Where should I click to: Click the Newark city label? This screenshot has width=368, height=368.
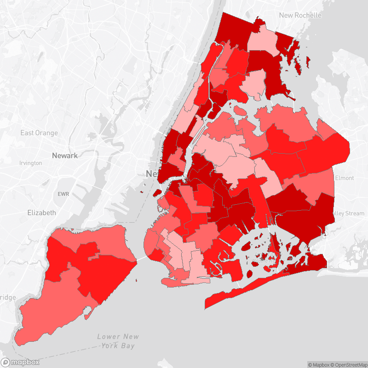[65, 155]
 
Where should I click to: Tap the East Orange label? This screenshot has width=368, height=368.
[39, 133]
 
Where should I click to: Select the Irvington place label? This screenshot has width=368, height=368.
[31, 163]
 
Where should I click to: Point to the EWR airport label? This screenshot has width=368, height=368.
[63, 194]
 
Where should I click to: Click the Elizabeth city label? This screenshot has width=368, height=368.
[41, 213]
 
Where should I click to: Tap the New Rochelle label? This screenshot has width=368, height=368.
[300, 15]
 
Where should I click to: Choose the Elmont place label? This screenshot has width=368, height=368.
[345, 178]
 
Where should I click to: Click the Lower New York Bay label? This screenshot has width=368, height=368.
[118, 340]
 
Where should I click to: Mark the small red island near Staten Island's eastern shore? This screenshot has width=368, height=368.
[137, 281]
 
